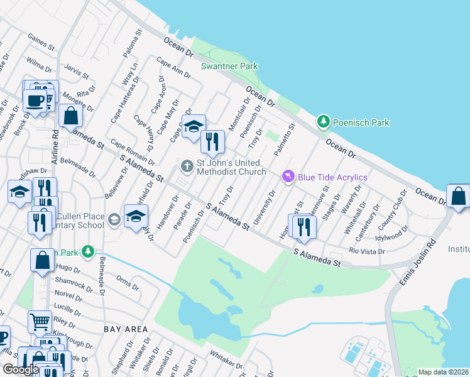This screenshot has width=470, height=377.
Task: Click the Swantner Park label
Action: (229, 66)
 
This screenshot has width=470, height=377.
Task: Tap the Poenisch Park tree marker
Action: (324, 122)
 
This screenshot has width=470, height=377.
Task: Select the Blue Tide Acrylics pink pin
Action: (288, 177)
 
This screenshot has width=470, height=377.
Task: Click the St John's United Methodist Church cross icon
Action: (187, 167)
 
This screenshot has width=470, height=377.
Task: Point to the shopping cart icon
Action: (40, 321)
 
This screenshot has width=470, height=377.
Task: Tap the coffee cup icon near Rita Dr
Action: (35, 100)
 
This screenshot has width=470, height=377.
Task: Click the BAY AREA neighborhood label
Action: (126, 329)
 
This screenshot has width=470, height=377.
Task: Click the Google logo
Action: (21, 369)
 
